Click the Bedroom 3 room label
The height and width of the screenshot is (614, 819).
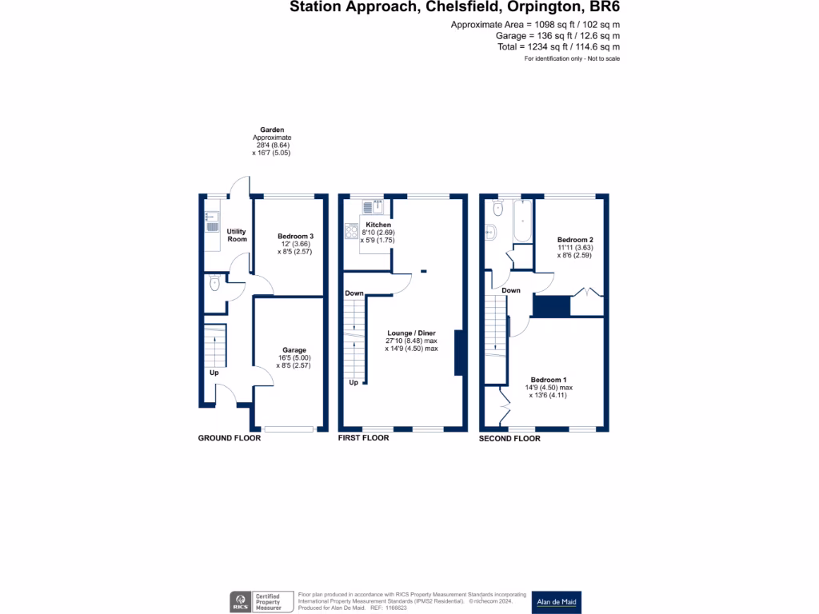click(295, 236)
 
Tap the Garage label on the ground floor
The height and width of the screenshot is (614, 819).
click(294, 350)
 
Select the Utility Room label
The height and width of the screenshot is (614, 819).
click(237, 235)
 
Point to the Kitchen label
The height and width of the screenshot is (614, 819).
click(378, 225)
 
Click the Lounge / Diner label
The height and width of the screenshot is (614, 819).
click(411, 333)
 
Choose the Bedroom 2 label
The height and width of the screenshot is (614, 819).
click(575, 240)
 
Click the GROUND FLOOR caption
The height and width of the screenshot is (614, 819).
click(230, 438)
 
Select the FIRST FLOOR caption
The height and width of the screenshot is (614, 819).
click(364, 438)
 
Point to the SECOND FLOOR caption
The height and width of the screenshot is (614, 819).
click(509, 438)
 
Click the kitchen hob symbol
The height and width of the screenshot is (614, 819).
click(352, 231)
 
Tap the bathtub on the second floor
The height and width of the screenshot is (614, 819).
click(522, 221)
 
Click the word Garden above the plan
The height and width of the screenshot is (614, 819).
click(272, 130)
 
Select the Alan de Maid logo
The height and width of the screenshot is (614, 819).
click(557, 602)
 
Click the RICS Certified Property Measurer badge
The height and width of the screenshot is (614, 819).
click(259, 602)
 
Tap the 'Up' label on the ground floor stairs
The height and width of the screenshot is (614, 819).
click(214, 373)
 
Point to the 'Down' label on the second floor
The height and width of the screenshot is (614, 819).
click(511, 290)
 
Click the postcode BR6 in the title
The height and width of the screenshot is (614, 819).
click(605, 8)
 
